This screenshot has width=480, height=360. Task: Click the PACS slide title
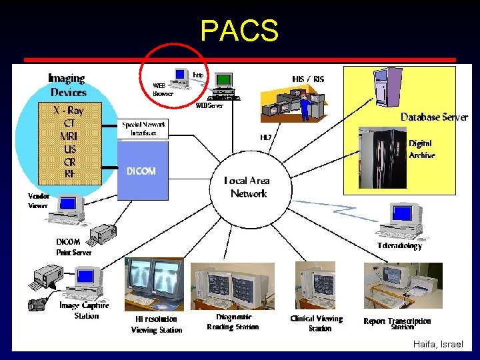(239, 30)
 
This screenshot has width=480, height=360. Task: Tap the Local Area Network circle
(248, 187)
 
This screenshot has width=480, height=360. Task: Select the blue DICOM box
(142, 171)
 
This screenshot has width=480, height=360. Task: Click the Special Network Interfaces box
(143, 129)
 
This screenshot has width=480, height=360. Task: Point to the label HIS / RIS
(308, 79)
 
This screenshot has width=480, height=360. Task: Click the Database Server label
(434, 117)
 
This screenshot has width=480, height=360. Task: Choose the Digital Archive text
(421, 149)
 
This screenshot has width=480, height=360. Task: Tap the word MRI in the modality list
(69, 137)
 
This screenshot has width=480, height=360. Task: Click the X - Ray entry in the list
(69, 111)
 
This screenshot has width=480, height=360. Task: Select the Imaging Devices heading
(67, 85)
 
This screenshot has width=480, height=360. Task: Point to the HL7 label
(266, 137)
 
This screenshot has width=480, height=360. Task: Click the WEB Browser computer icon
(180, 78)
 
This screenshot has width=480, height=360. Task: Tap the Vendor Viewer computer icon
(69, 207)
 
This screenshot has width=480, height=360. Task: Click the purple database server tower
(386, 86)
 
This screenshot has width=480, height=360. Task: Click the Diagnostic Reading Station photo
(232, 287)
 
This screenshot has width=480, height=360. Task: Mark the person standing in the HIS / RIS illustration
(305, 105)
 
